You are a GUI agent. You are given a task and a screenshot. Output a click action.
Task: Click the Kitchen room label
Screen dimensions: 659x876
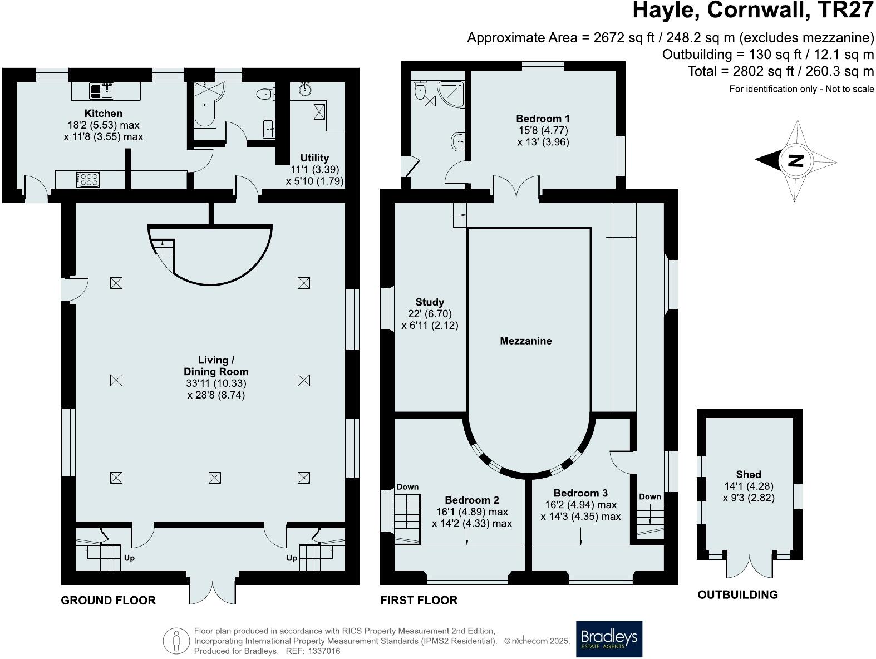coord(104,114)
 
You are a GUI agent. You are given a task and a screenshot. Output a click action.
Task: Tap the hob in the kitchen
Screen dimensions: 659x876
coord(88,179)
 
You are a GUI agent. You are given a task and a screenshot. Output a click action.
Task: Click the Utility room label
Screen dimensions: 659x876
coord(314,158)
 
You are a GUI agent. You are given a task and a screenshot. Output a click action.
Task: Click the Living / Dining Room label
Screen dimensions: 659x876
coord(215,366)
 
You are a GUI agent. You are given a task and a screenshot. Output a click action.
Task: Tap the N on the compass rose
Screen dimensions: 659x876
coord(796,160)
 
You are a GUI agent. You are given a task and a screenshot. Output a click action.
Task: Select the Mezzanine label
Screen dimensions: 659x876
coord(526,341)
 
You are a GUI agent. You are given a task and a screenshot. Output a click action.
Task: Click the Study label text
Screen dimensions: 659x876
coord(430,303)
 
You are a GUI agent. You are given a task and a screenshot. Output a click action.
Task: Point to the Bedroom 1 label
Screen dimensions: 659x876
coord(543,119)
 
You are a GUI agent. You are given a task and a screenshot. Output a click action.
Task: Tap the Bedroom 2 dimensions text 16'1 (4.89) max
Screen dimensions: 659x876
coord(472,512)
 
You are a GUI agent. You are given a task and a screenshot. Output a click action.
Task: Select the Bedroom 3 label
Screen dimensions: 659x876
coord(580,493)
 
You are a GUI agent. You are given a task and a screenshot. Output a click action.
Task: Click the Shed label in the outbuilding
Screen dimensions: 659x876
coord(749,474)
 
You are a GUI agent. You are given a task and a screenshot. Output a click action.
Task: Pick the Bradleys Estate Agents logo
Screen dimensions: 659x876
coord(609,638)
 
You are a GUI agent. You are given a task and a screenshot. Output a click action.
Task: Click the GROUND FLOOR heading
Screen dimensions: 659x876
coord(108,600)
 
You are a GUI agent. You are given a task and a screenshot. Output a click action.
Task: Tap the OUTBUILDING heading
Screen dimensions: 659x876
coord(737,594)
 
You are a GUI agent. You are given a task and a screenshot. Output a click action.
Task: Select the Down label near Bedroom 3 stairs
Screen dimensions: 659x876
coord(649,496)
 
